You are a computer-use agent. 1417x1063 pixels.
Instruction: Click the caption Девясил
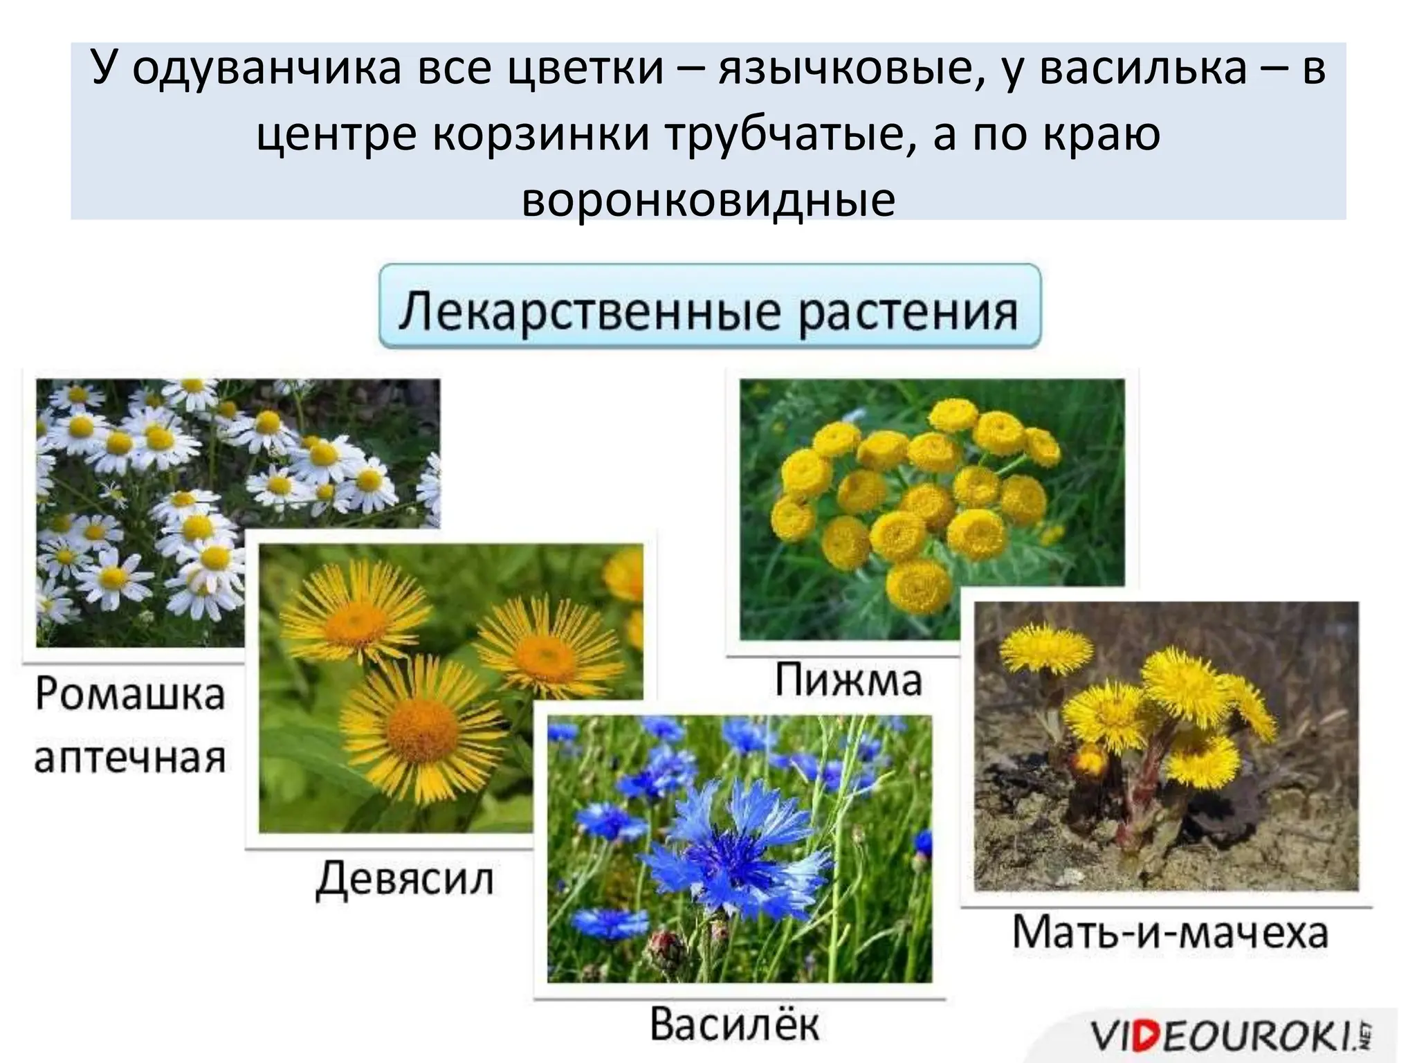click(405, 880)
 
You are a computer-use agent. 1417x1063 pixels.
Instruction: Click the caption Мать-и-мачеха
click(1170, 932)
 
